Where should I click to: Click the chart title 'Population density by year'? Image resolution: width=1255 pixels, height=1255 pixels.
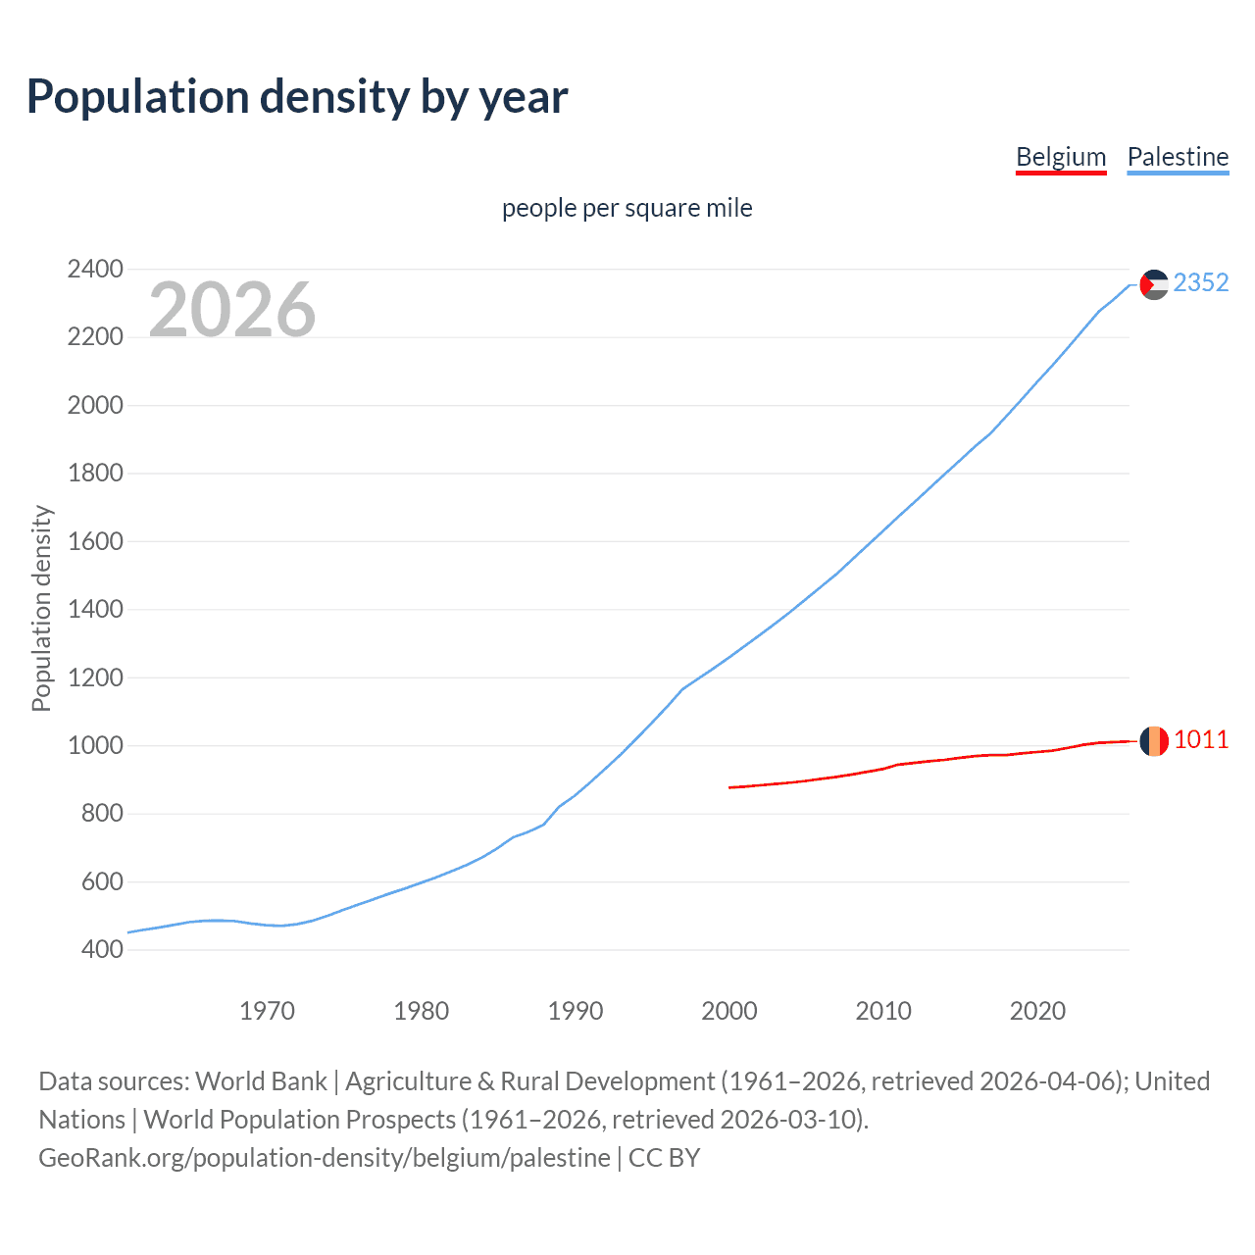pos(297,97)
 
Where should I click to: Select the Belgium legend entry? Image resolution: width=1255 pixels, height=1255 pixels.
pos(1061,157)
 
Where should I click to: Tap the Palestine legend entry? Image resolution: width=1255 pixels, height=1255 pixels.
pos(1178,157)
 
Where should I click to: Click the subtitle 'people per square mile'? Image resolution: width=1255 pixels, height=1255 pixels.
pos(627,208)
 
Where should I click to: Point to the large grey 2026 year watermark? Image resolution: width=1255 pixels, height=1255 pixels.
pos(232,310)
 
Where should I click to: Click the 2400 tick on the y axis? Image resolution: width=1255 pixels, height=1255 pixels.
pos(95,269)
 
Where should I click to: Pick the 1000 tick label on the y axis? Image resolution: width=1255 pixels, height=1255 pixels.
pos(95,745)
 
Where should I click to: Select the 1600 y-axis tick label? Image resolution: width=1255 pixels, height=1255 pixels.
pos(95,541)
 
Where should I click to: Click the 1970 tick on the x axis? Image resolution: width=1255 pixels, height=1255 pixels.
pos(268,1011)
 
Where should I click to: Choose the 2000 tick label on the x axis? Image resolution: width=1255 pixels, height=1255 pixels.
pos(729,1011)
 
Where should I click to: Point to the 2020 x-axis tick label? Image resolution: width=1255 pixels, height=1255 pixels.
pos(1037,1011)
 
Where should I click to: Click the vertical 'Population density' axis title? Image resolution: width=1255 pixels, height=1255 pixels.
pos(41,608)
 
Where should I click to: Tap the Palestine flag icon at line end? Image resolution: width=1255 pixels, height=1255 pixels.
pos(1154,284)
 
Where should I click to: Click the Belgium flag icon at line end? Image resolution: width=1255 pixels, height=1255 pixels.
pos(1154,741)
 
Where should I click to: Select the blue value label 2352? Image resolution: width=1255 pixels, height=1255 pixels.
pos(1201,282)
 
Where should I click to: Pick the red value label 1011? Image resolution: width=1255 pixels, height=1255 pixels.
pos(1201,739)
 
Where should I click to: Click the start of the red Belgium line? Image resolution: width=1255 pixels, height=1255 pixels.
pos(730,787)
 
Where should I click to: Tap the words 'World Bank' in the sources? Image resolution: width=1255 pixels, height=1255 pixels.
pos(261,1081)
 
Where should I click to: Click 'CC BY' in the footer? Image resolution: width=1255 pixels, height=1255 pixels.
pos(664,1158)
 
